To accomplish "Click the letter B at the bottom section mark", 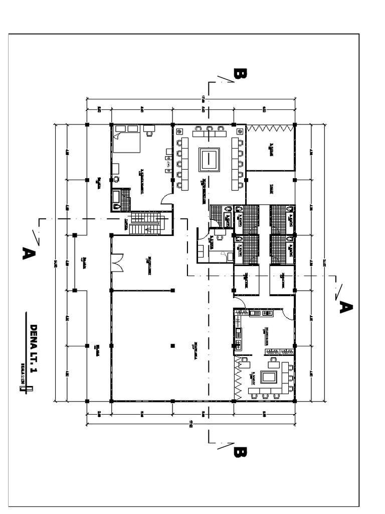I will (x=240, y=452).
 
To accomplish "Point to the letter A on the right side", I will (x=345, y=307).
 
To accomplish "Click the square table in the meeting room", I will (x=209, y=159).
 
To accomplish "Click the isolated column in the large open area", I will (x=172, y=345).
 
